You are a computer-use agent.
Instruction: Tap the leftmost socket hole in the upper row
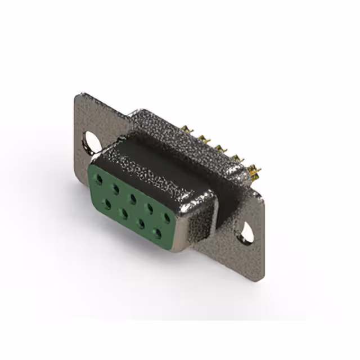100,179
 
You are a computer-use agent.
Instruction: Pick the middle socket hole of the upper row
132,197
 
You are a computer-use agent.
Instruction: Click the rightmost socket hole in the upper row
166,216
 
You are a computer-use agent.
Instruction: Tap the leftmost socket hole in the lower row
107,204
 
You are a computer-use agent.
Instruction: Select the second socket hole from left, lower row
123,213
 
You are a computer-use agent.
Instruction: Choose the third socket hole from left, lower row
140,222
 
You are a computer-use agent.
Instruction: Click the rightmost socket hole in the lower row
157,231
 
